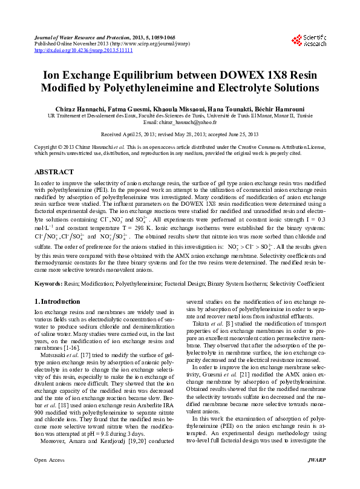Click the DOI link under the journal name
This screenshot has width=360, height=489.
click(x=83, y=50)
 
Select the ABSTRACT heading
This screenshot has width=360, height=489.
click(x=53, y=172)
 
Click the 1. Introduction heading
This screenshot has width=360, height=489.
click(x=57, y=301)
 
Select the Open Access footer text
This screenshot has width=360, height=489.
click(x=49, y=478)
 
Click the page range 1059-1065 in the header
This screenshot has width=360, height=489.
click(x=164, y=38)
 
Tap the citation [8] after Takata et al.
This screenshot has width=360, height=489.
click(x=229, y=341)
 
